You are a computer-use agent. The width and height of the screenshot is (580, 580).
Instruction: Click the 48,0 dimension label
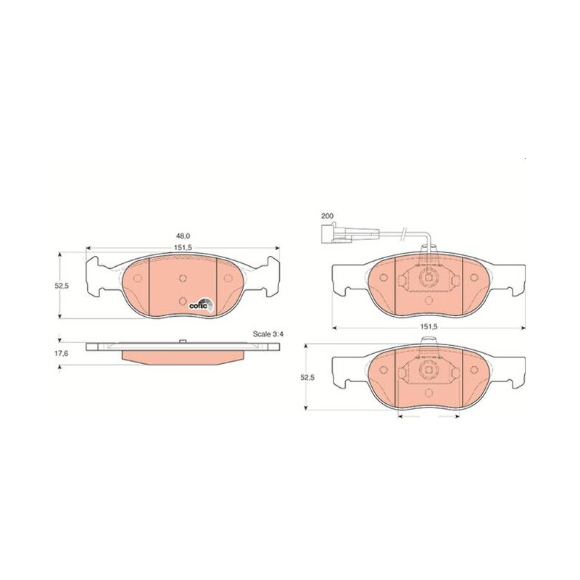(x=183, y=236)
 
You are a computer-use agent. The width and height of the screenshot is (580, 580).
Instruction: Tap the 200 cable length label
(x=327, y=216)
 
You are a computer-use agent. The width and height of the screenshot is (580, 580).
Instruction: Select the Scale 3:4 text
(x=268, y=334)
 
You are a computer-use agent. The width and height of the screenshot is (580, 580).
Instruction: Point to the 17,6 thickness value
(x=61, y=353)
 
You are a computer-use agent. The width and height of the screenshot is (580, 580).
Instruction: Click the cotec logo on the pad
(x=202, y=304)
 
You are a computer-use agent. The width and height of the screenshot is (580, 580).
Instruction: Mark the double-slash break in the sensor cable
(x=405, y=232)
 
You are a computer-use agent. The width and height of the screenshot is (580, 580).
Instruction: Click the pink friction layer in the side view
(x=183, y=357)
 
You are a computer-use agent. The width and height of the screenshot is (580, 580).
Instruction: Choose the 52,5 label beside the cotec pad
(x=61, y=286)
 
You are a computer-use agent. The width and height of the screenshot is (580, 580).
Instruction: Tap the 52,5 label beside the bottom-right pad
(x=307, y=377)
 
